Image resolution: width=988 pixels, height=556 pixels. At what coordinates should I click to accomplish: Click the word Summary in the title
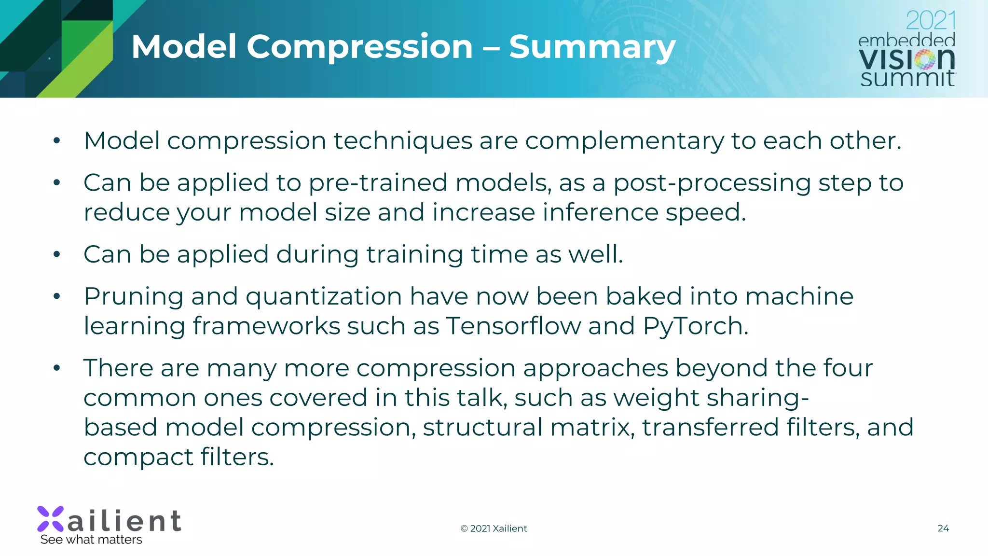point(592,47)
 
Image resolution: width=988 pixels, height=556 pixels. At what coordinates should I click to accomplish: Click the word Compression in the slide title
point(359,47)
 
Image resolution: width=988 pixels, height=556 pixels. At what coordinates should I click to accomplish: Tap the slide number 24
point(943,528)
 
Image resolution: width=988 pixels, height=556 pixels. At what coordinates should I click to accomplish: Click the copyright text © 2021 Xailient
point(494,528)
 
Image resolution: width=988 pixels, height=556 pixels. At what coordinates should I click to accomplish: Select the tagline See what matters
point(91,540)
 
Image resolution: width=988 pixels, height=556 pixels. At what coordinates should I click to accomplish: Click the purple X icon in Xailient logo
point(51,519)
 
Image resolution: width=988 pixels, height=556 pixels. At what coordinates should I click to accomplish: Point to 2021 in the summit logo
point(930,21)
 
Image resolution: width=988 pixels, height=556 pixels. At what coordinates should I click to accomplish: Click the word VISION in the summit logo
point(906,59)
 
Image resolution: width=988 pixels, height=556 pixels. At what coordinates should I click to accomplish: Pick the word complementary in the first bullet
point(624,141)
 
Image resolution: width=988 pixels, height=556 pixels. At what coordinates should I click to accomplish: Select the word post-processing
point(712,183)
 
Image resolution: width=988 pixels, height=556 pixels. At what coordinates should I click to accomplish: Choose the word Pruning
point(133,296)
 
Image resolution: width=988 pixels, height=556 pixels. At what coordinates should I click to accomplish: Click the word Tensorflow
point(513,326)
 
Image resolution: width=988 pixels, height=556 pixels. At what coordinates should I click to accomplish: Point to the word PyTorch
point(695,326)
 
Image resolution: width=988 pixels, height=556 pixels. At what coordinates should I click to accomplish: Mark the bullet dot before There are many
point(57,368)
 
